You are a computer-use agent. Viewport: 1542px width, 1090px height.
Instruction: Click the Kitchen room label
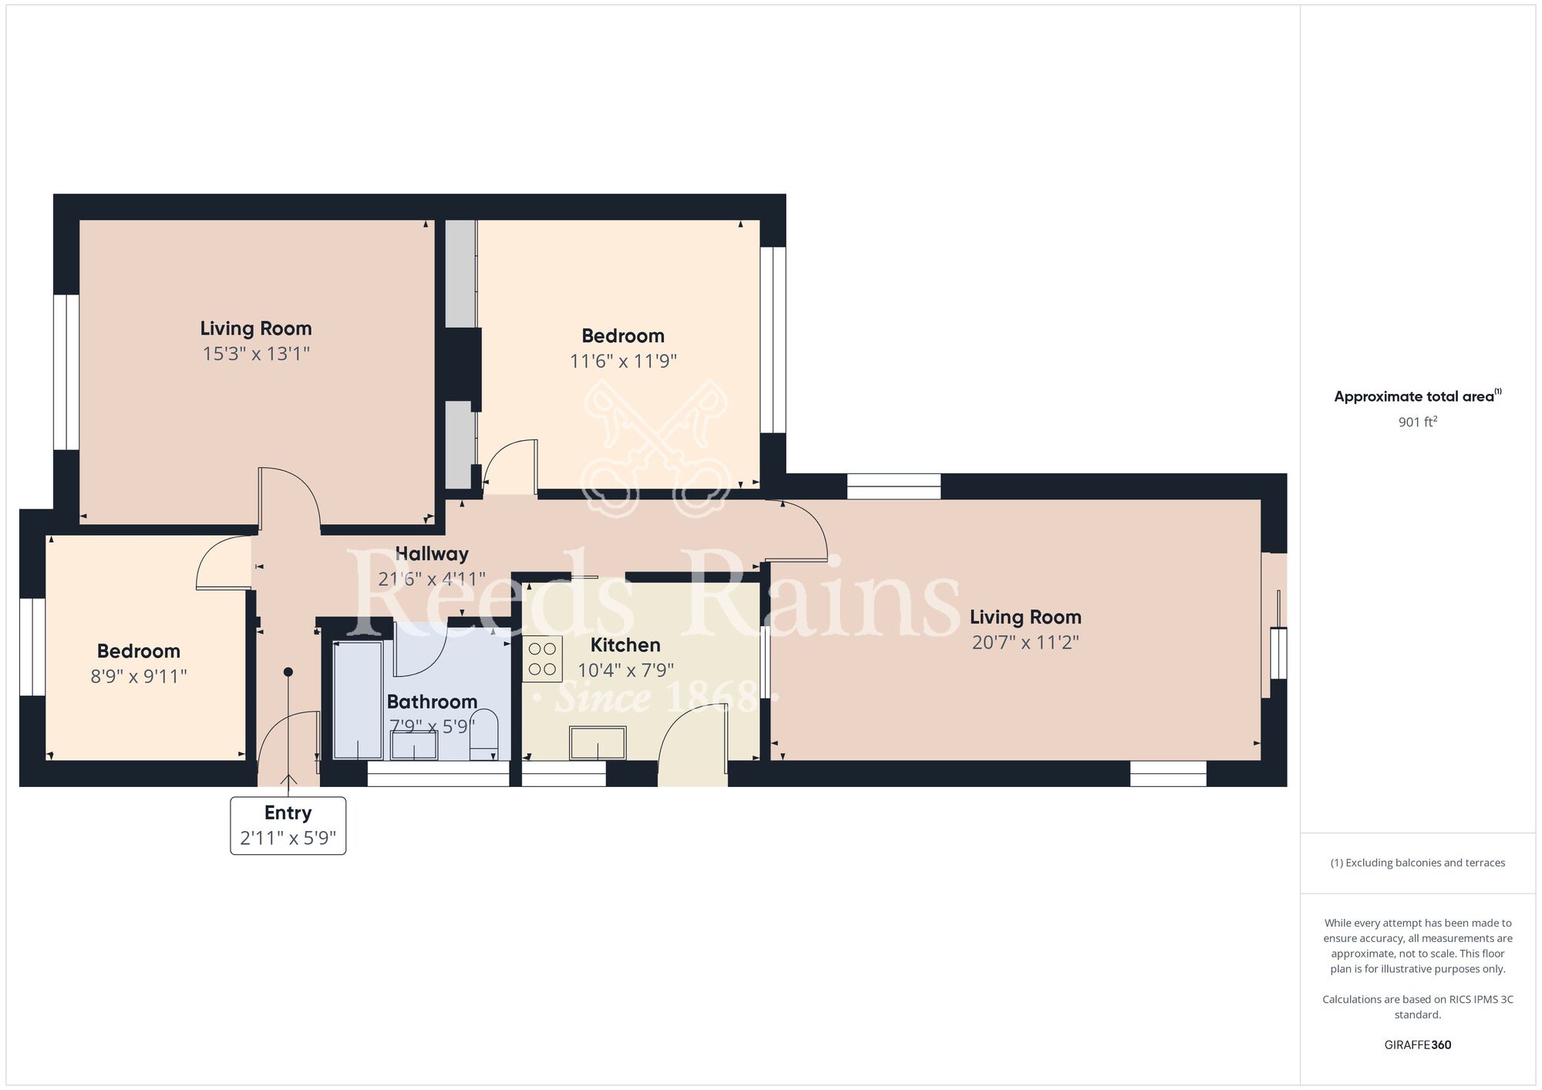pos(625,645)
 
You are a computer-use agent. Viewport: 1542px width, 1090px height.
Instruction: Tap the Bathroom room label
pos(432,701)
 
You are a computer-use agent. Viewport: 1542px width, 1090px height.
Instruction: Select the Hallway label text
pos(432,553)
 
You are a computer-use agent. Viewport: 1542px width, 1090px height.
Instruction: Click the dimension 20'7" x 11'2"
pos(1025,642)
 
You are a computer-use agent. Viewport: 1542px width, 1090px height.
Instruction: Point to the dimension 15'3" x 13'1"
pos(256,354)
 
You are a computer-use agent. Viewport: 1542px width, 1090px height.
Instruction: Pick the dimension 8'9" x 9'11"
pos(139,676)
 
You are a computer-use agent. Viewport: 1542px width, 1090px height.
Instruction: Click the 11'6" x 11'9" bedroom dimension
pos(623,361)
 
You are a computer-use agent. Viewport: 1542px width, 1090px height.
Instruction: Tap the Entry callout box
pos(288,826)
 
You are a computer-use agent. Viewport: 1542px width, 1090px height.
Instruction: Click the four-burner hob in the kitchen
pos(542,659)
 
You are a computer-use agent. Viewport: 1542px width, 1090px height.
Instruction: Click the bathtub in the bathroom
pos(358,700)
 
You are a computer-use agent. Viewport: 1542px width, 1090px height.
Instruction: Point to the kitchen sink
pos(598,743)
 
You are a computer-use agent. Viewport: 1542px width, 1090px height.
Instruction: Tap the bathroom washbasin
pos(414,745)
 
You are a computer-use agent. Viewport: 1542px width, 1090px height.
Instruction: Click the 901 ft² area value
pos(1418,422)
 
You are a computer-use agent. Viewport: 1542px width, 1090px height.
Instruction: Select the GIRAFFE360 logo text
pos(1418,1045)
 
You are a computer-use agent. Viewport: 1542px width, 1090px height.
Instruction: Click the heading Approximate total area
pos(1414,397)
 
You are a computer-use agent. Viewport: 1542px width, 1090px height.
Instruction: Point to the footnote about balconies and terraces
pos(1418,863)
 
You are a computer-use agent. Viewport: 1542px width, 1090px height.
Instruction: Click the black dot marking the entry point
pos(288,672)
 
